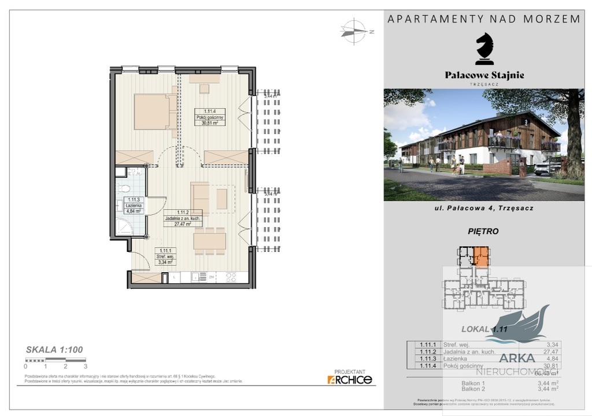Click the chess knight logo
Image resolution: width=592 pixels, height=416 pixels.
[x=484, y=49]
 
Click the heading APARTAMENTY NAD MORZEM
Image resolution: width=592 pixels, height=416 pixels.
[x=484, y=18]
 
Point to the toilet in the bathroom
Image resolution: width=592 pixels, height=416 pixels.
[x=123, y=188]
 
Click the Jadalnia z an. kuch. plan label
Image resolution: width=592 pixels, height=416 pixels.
[x=183, y=220]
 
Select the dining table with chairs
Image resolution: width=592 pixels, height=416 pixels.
[x=209, y=240]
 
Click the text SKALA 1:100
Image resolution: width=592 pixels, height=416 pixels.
[x=54, y=350]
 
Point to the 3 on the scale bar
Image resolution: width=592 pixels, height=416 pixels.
[x=86, y=366]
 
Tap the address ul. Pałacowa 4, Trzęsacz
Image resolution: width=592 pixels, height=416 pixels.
[x=484, y=207]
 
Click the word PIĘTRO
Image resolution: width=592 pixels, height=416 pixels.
[x=483, y=232]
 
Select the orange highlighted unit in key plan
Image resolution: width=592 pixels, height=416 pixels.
[x=480, y=255]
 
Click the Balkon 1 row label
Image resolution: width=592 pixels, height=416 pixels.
[x=473, y=383]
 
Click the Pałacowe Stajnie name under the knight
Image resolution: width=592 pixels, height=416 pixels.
[x=484, y=75]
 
